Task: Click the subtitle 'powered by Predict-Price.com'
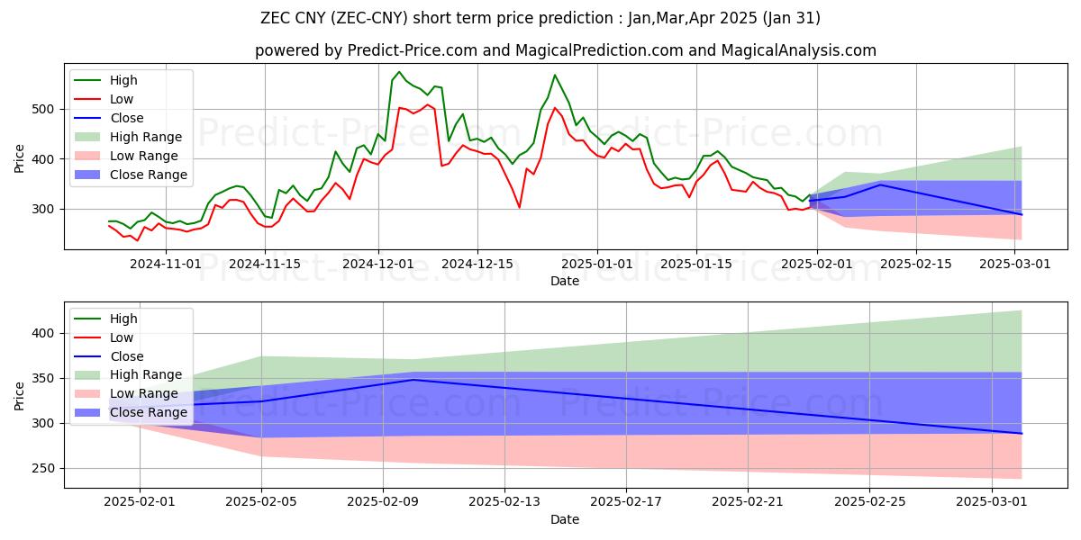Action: [366, 50]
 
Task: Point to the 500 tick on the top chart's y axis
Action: [46, 109]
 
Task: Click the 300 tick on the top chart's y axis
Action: [46, 209]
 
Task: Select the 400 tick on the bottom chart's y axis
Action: [46, 333]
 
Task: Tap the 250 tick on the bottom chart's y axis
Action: [46, 468]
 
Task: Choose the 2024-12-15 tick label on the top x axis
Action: [477, 264]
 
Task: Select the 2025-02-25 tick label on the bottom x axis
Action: [869, 501]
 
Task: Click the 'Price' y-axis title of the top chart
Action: [20, 157]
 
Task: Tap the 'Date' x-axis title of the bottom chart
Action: [566, 519]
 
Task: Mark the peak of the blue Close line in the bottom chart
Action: [413, 380]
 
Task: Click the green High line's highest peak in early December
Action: [399, 72]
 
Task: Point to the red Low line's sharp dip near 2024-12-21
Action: [519, 207]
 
